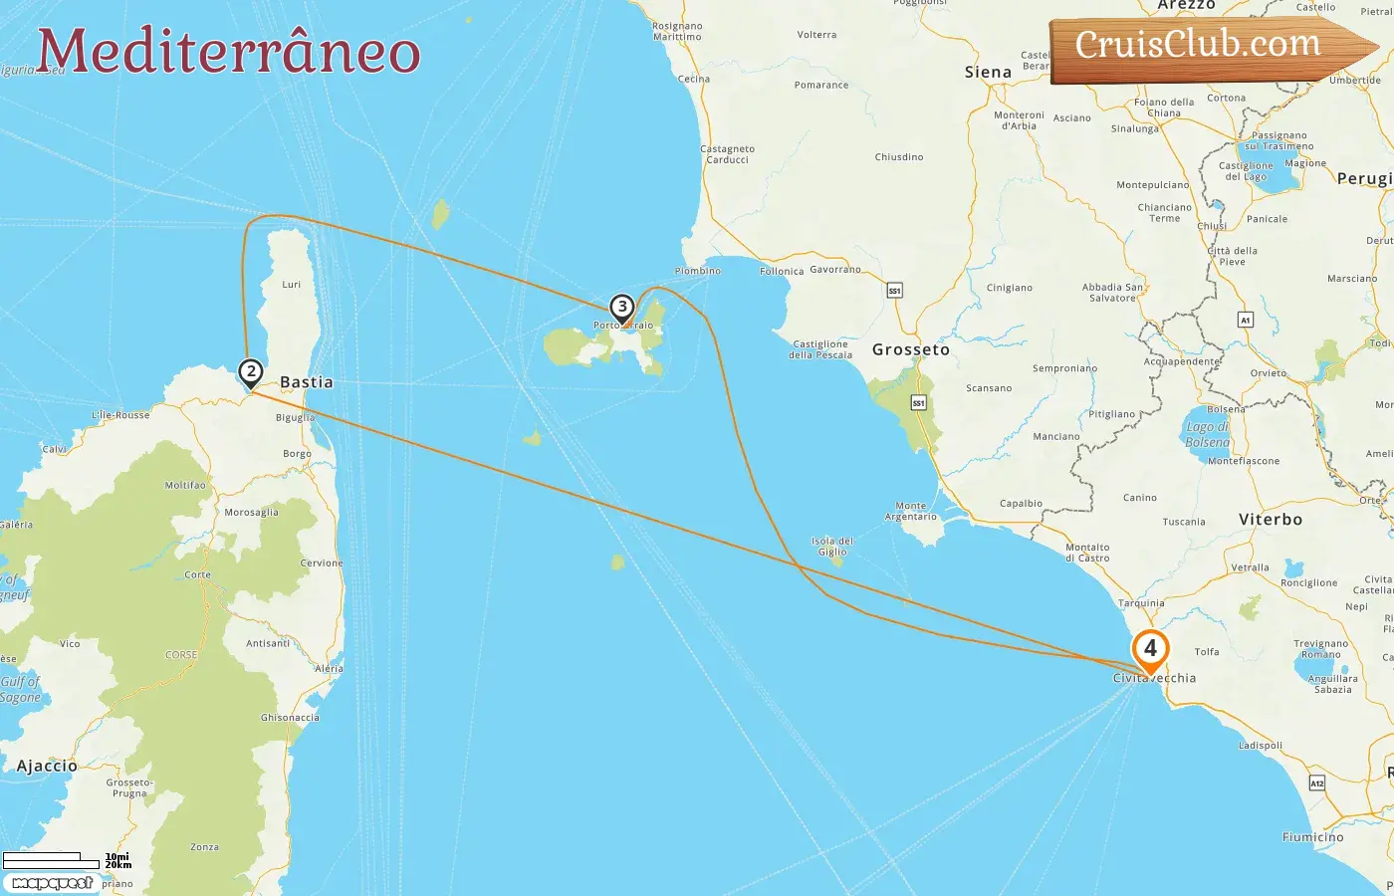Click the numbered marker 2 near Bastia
coord(251,372)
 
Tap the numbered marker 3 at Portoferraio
coord(622,308)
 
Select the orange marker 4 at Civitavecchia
coord(1150,649)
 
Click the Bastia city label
coord(307,382)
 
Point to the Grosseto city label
coord(911,349)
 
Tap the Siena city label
coord(988,72)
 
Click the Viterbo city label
coord(1270,520)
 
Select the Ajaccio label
coord(47,766)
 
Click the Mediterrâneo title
coord(229,52)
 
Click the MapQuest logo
coord(52,883)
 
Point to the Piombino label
coord(697,271)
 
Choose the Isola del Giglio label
coord(832,547)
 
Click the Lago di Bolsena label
coord(1208,435)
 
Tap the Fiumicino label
coord(1312,837)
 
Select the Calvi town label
coord(54,449)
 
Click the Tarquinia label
coord(1141,603)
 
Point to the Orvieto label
coord(1269,373)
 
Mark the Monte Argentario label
coord(910,511)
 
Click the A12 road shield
coord(1316,783)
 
